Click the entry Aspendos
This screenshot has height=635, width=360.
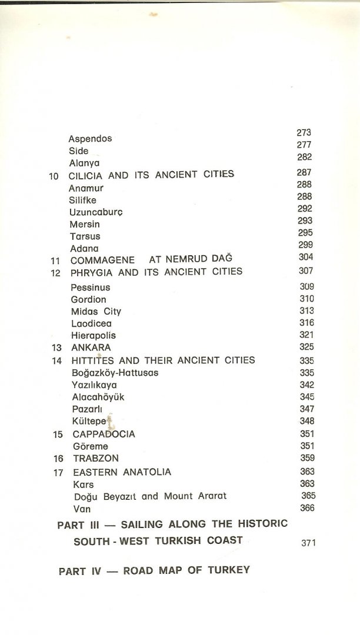click(90, 139)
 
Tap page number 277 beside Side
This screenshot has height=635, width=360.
click(304, 145)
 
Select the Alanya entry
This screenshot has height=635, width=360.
click(84, 163)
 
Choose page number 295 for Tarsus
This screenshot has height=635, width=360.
click(305, 233)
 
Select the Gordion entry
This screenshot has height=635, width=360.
click(88, 299)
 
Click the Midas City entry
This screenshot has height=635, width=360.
click(96, 311)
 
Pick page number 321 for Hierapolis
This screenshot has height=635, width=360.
click(306, 335)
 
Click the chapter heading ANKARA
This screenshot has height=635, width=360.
click(91, 347)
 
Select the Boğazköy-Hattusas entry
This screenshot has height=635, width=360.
click(115, 373)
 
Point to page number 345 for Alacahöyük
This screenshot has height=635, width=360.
click(306, 397)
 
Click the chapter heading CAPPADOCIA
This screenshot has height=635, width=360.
click(104, 434)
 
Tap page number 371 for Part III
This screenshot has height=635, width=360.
click(308, 543)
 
